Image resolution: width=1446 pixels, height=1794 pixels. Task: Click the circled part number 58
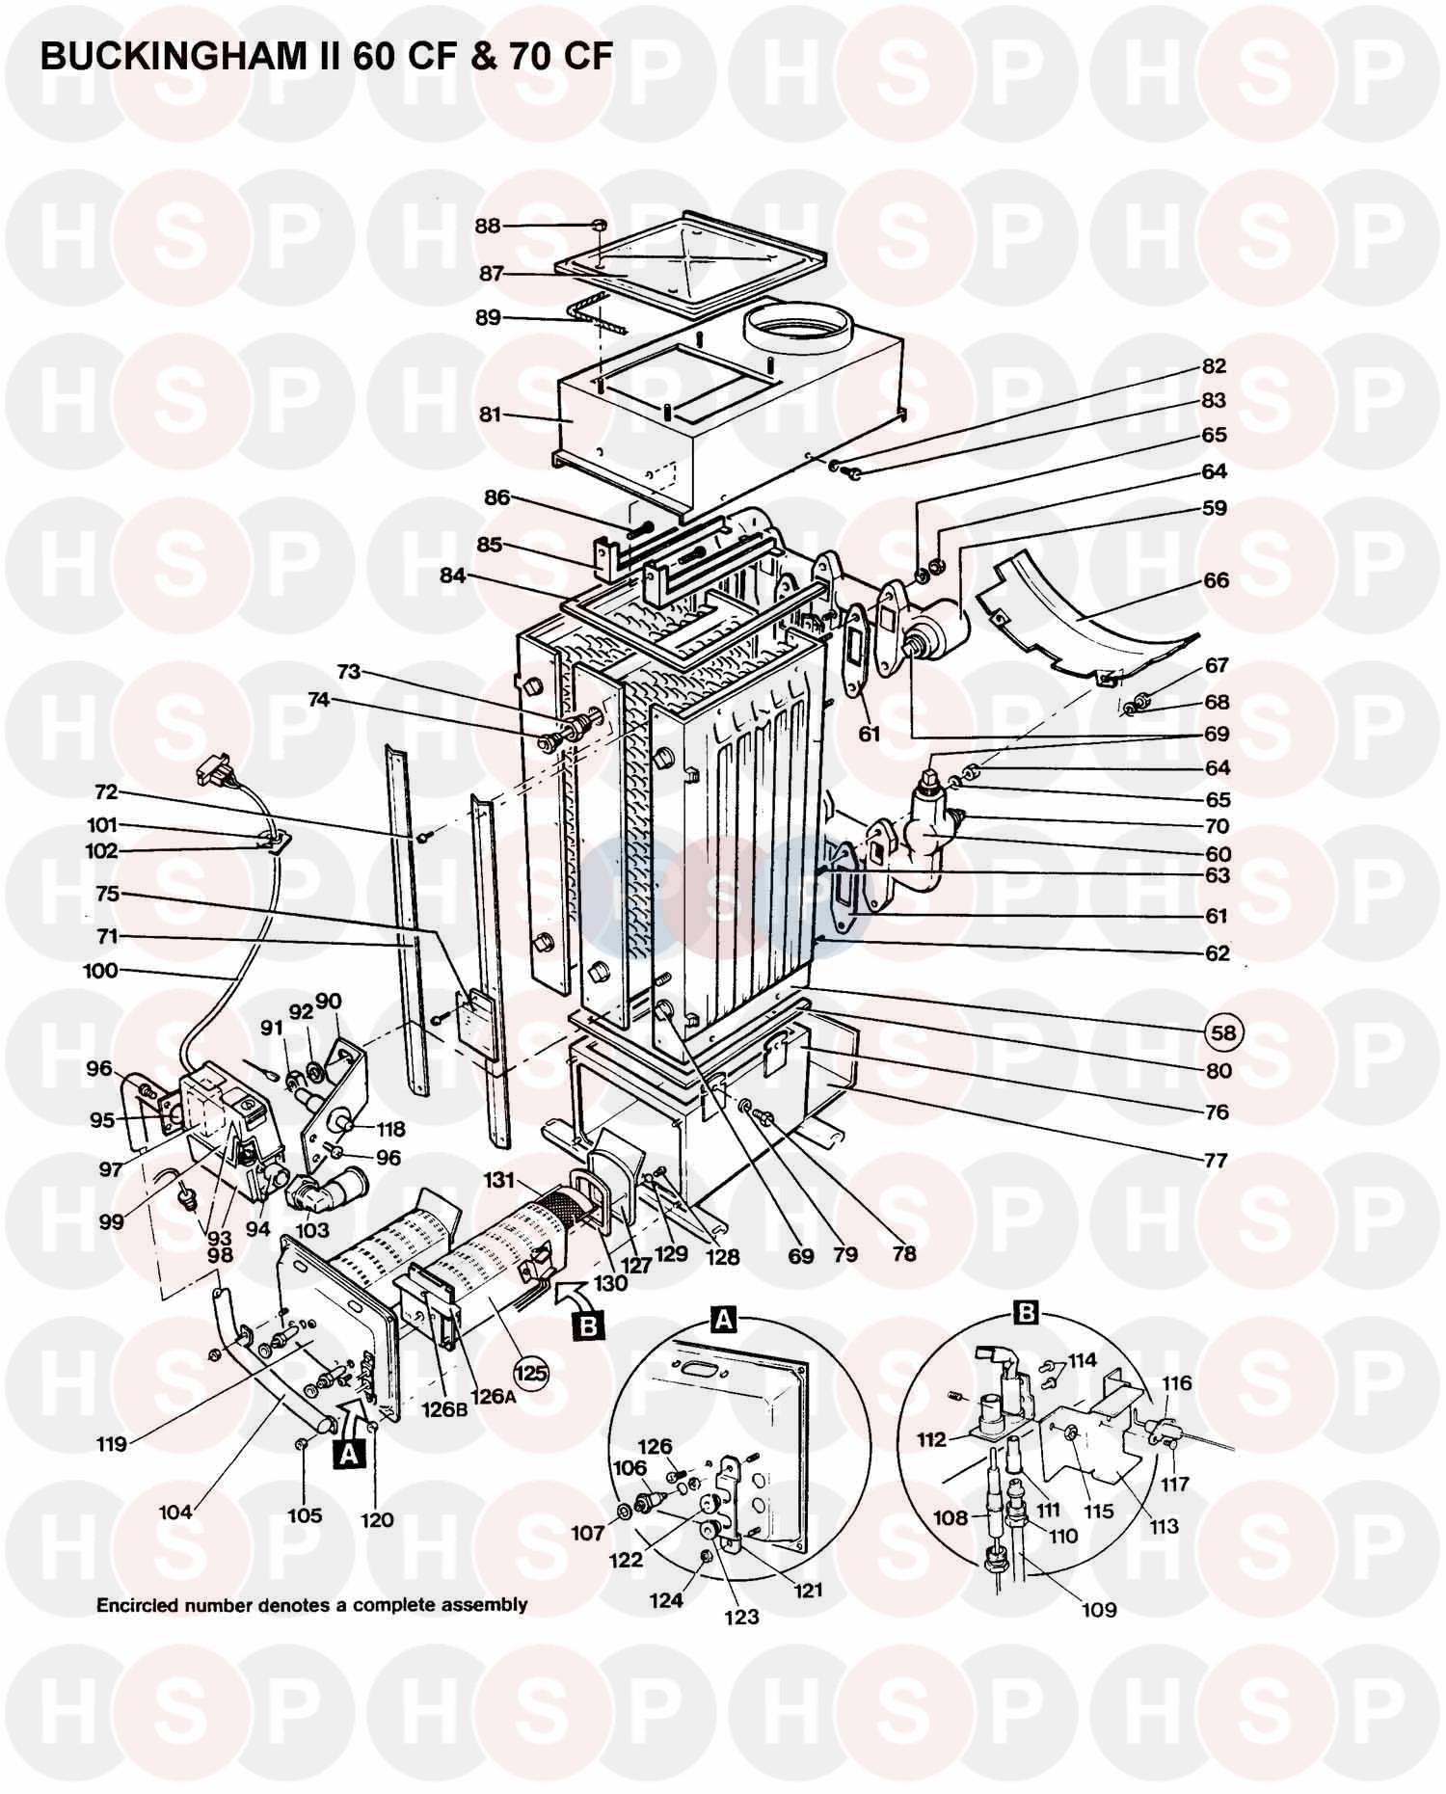tap(1223, 1032)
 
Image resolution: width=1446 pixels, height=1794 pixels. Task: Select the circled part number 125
tap(529, 1370)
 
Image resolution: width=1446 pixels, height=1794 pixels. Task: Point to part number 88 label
tap(488, 226)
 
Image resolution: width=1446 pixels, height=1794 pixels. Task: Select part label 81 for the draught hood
tap(491, 415)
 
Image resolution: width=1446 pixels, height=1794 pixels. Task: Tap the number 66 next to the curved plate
tap(1217, 580)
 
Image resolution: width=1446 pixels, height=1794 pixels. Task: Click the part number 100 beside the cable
tap(100, 971)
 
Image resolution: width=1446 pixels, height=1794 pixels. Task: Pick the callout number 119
tap(112, 1444)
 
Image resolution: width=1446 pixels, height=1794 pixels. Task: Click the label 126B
tap(439, 1408)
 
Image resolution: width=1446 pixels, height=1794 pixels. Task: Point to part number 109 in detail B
tap(1099, 1609)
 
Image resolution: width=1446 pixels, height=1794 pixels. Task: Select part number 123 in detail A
tap(742, 1617)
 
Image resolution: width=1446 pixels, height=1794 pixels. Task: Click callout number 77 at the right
tap(1217, 1160)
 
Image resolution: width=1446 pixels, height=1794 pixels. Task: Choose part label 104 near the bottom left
tap(175, 1512)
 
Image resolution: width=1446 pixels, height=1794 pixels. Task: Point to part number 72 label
tap(106, 792)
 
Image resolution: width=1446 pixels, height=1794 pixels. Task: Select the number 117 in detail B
tap(1175, 1485)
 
